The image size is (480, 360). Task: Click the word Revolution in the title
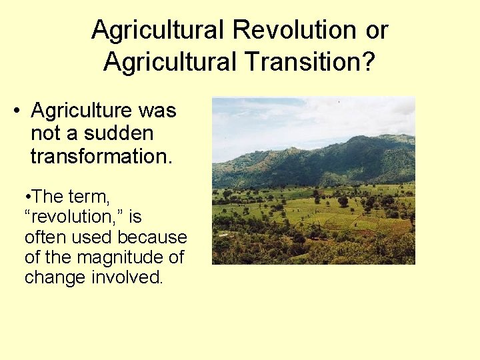tap(292, 30)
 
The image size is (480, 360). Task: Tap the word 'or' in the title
tap(375, 30)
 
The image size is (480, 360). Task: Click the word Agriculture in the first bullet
tap(85, 111)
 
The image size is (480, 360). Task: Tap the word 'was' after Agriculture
tap(159, 111)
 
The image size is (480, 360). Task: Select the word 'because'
tap(153, 237)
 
